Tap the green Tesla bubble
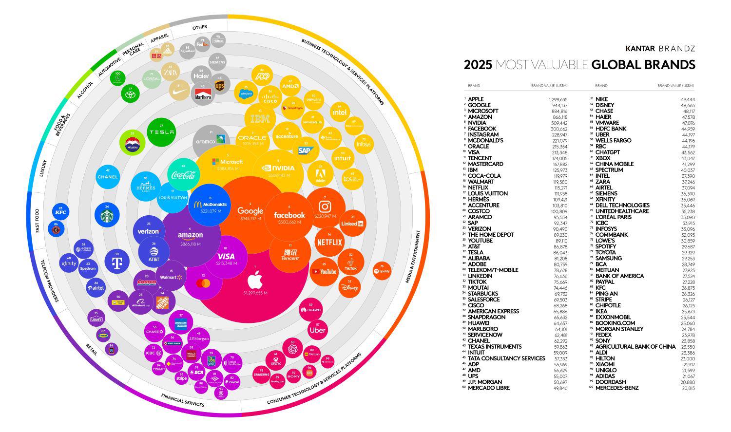pyautogui.click(x=161, y=132)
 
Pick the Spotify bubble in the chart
pyautogui.click(x=383, y=271)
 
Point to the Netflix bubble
pyautogui.click(x=330, y=242)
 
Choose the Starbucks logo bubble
pyautogui.click(x=107, y=216)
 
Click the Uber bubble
pyautogui.click(x=317, y=330)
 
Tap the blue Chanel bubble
pyautogui.click(x=108, y=177)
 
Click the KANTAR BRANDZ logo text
pyautogui.click(x=660, y=49)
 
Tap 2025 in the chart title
pyautogui.click(x=478, y=65)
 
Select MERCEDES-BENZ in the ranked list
pyautogui.click(x=619, y=388)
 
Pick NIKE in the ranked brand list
pyautogui.click(x=601, y=99)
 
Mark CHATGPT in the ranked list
pyautogui.click(x=607, y=152)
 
